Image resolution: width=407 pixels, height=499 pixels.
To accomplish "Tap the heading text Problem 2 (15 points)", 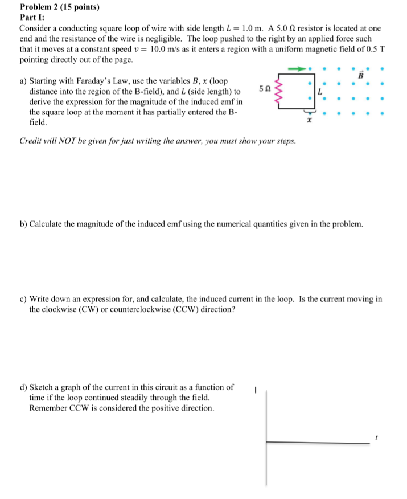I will [x=55, y=8].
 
